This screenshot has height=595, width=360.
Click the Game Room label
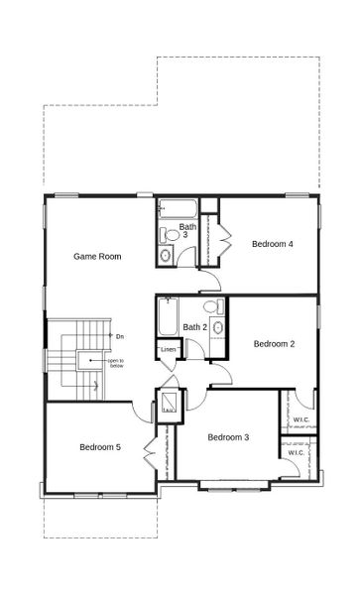click(97, 256)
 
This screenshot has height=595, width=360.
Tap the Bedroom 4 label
click(272, 244)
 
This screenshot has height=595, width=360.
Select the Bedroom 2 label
click(274, 344)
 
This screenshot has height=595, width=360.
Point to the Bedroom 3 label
click(228, 437)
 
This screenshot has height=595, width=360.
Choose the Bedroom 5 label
click(100, 447)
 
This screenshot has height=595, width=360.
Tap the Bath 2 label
click(194, 327)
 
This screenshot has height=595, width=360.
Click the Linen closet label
click(168, 350)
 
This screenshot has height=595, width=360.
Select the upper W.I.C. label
click(301, 419)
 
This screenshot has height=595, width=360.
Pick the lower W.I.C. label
click(297, 453)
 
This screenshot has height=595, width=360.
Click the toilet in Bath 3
click(170, 235)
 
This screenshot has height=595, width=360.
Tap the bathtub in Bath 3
click(178, 209)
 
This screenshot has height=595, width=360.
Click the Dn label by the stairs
click(119, 337)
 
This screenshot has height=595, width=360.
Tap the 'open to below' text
click(116, 363)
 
